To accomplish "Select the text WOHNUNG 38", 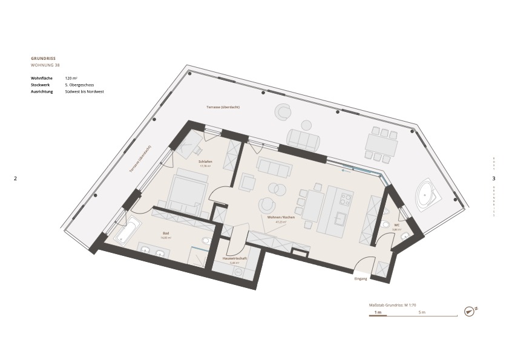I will pos(45,65).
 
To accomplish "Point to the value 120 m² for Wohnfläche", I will pos(71,78).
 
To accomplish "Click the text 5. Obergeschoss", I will pos(79,85).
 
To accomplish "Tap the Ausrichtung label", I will pos(42,91).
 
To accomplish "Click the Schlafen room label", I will pos(205,162).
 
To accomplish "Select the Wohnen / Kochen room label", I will pos(277,217).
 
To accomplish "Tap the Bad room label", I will pos(166,234).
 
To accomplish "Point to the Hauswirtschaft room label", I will pos(234,258).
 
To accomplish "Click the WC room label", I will pos(396,225).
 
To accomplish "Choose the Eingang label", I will pos(361,278).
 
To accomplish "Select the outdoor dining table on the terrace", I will pos(381,145).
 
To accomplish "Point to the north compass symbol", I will pos(469,311).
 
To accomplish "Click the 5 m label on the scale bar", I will pos(422,312).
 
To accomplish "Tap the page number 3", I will pos(493,178).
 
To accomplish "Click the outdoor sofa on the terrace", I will pos(303,140).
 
